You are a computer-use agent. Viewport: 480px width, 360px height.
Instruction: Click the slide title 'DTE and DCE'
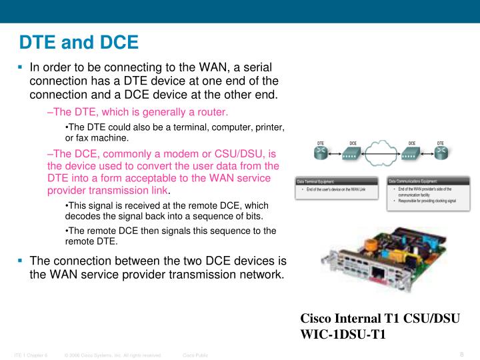pos(79,43)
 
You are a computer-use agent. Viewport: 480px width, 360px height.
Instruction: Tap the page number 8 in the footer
pos(461,354)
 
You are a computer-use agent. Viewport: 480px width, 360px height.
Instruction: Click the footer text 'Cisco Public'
pos(195,355)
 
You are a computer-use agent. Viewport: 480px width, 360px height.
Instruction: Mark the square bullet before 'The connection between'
pos(20,260)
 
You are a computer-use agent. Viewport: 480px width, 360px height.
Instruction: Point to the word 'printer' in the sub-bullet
pos(269,127)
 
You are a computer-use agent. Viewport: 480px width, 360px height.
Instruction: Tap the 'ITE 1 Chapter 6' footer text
pos(31,355)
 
